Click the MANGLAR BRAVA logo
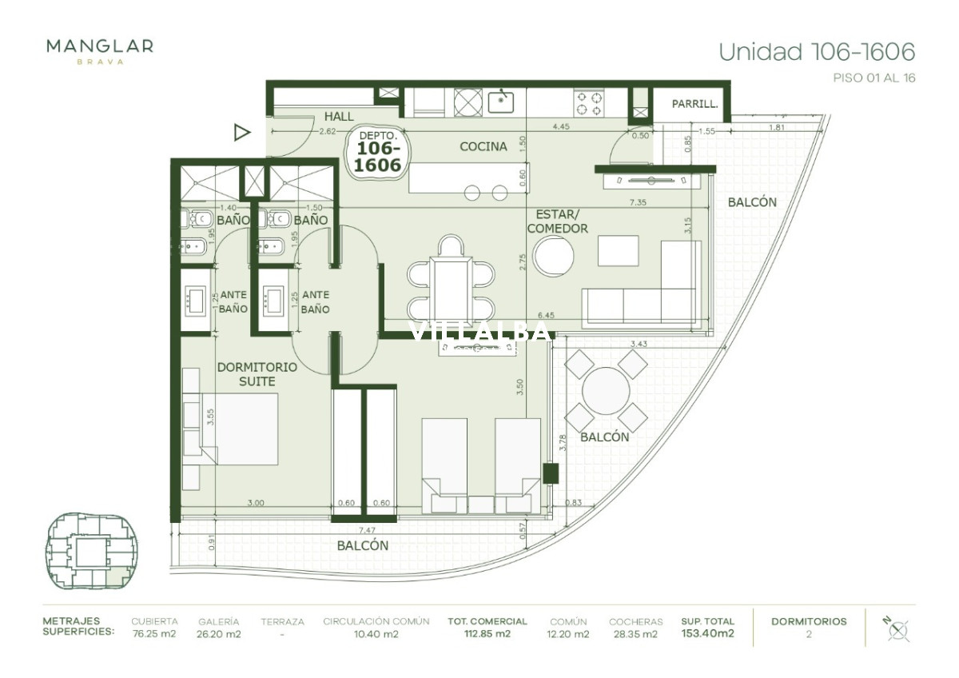pos(99,50)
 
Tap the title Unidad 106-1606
pos(816,52)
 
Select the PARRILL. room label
pos(694,104)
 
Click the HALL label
pos(339,117)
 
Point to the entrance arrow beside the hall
pos(241,133)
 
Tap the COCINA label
pos(483,146)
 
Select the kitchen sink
pos(501,102)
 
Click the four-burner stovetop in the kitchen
pos(590,103)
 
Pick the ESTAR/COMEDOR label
pos(562,221)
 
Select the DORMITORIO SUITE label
pos(257,374)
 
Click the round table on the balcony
pos(606,391)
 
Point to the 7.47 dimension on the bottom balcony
pos(367,529)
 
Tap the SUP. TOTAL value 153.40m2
pos(707,634)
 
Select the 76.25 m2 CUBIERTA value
pos(154,634)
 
